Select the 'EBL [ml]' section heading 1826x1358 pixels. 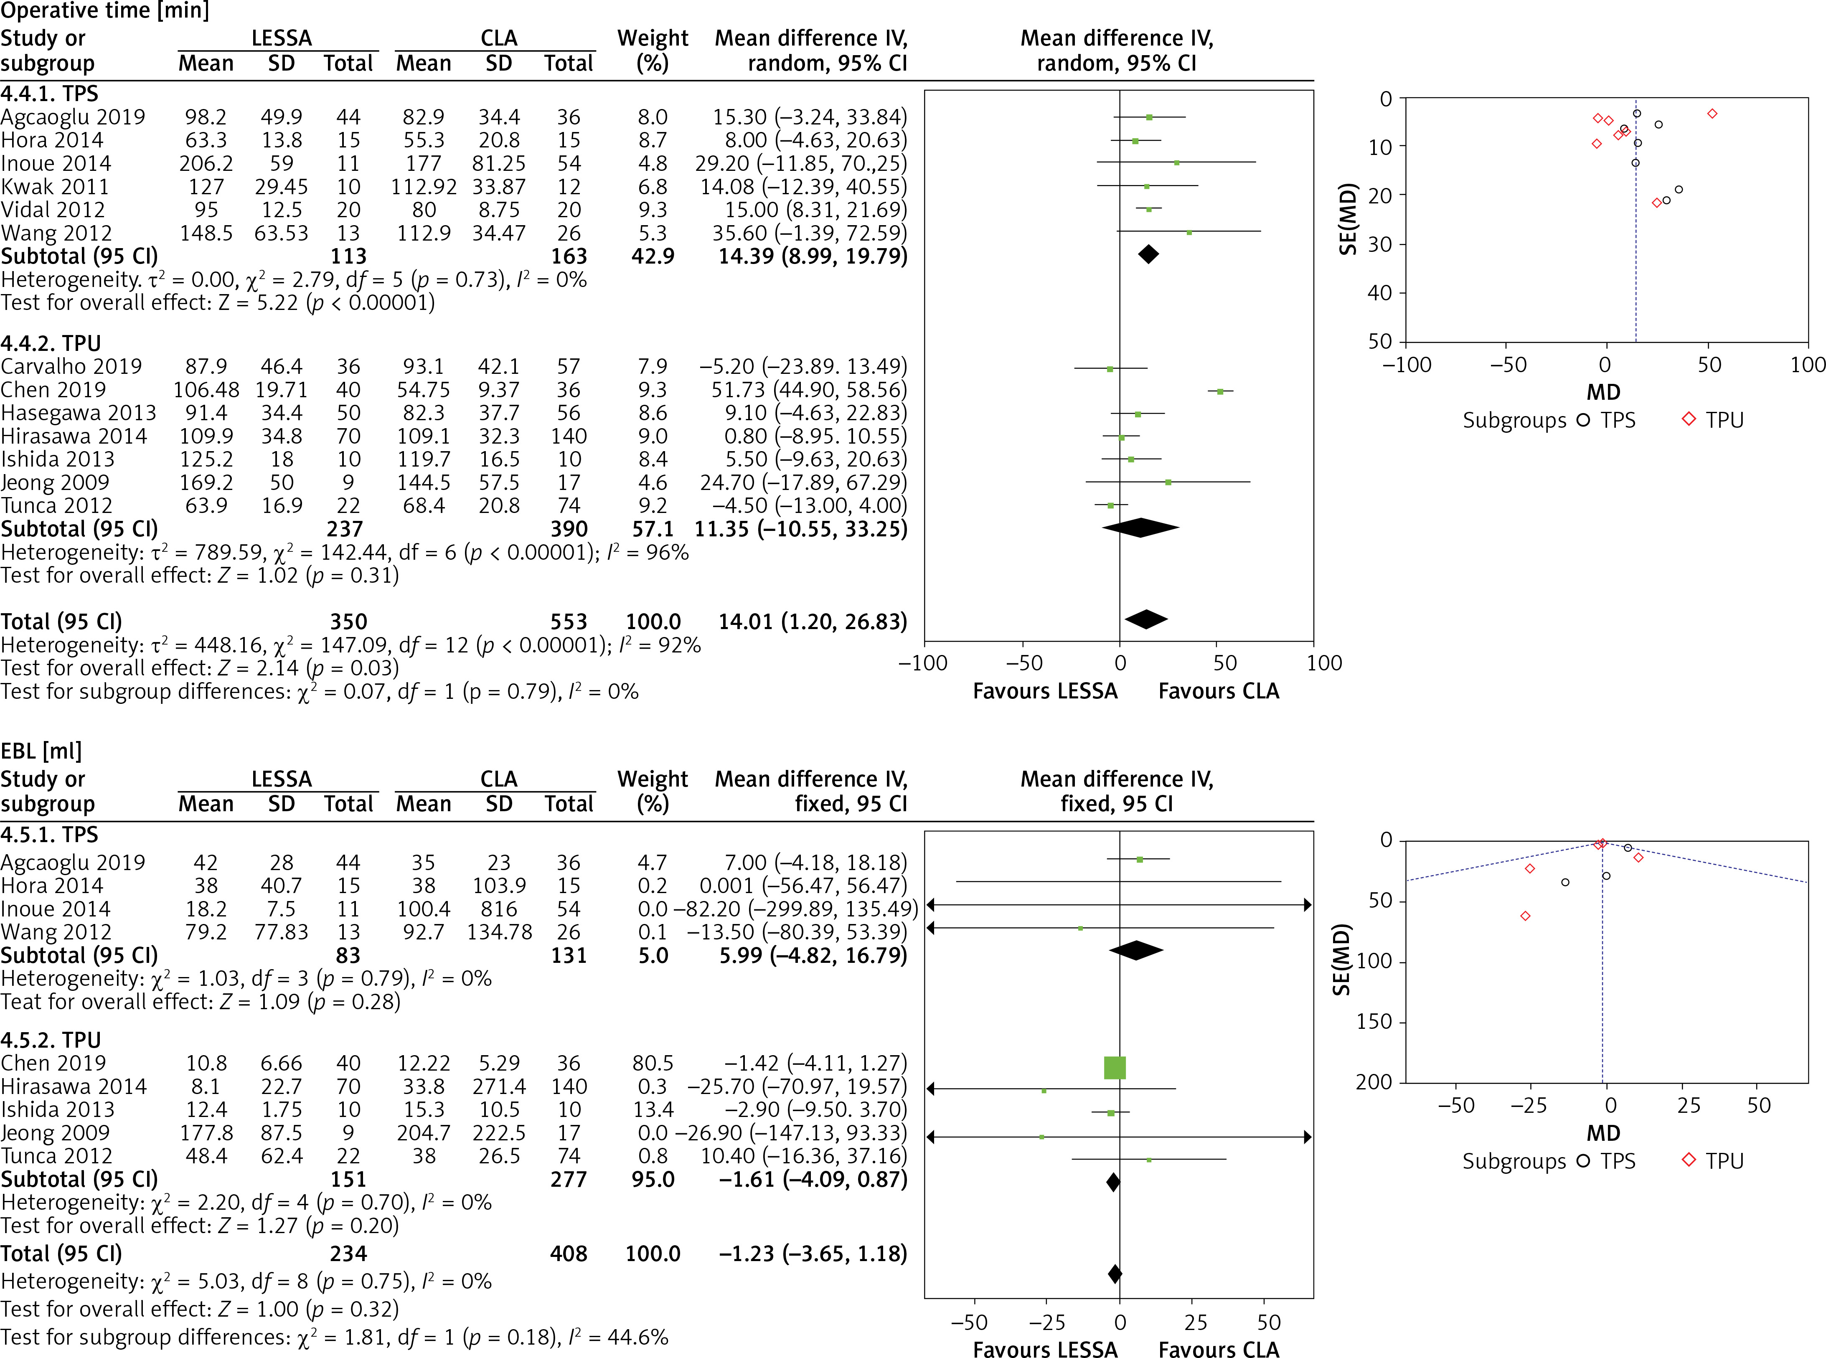tap(41, 751)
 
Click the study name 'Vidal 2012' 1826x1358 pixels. tap(53, 211)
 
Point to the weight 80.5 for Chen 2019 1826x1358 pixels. tap(653, 1064)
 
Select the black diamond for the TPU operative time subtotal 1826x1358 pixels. tap(1140, 528)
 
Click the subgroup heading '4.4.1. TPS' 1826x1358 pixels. tap(49, 94)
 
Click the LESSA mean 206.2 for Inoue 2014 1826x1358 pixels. tap(206, 164)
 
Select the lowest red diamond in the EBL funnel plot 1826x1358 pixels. tap(1525, 916)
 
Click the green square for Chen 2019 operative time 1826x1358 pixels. tap(1220, 391)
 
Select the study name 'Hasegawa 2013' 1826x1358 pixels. tap(78, 413)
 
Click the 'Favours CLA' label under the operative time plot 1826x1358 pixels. tap(1219, 691)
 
